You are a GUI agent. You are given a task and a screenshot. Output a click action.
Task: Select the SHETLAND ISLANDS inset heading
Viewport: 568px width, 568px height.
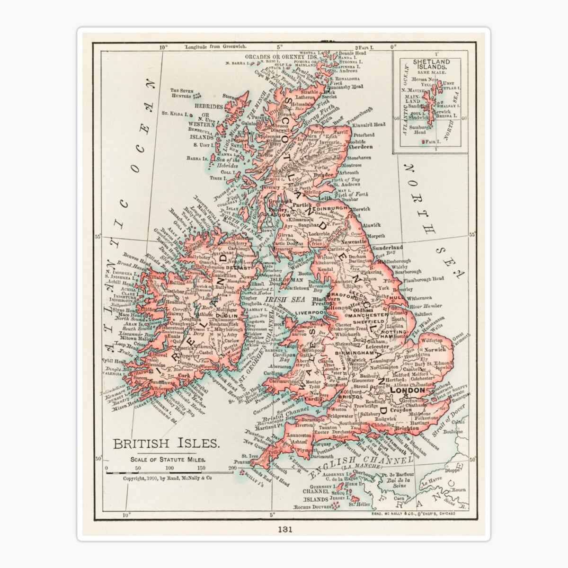click(x=431, y=64)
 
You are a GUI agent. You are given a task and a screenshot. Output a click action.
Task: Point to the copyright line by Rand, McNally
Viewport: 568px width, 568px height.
click(x=167, y=478)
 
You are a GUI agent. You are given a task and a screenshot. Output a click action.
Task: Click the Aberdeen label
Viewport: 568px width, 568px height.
click(x=361, y=147)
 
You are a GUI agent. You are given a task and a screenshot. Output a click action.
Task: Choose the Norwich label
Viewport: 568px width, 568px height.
click(x=435, y=350)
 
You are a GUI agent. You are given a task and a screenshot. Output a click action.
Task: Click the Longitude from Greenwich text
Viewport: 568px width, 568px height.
click(x=213, y=47)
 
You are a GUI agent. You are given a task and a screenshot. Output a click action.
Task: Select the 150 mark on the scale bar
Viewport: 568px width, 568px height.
click(x=200, y=468)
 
